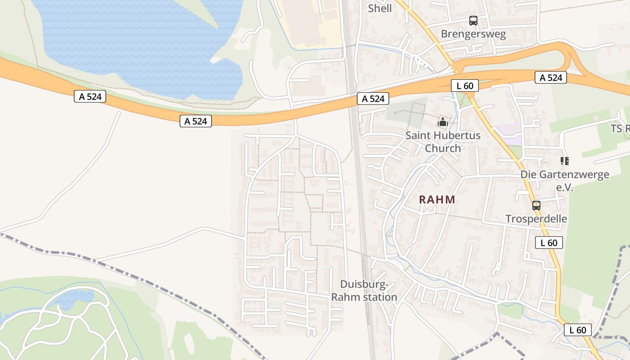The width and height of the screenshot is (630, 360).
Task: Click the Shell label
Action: (380, 8)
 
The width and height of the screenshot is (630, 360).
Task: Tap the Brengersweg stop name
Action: (473, 34)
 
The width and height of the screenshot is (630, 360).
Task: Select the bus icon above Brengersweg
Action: (473, 20)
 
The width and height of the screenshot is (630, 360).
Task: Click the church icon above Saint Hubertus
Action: (443, 121)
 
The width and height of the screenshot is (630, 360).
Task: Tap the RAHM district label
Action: (437, 199)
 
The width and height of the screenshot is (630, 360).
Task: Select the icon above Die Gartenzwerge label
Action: (565, 161)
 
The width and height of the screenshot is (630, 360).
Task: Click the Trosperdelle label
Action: (536, 219)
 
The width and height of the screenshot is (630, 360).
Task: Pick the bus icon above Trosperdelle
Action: (536, 206)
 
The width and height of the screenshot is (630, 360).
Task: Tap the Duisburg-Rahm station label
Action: (364, 291)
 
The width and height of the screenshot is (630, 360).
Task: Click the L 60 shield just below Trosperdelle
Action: (549, 243)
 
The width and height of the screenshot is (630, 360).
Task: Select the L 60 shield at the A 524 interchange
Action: (464, 85)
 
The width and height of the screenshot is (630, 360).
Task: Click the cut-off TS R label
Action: (620, 129)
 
